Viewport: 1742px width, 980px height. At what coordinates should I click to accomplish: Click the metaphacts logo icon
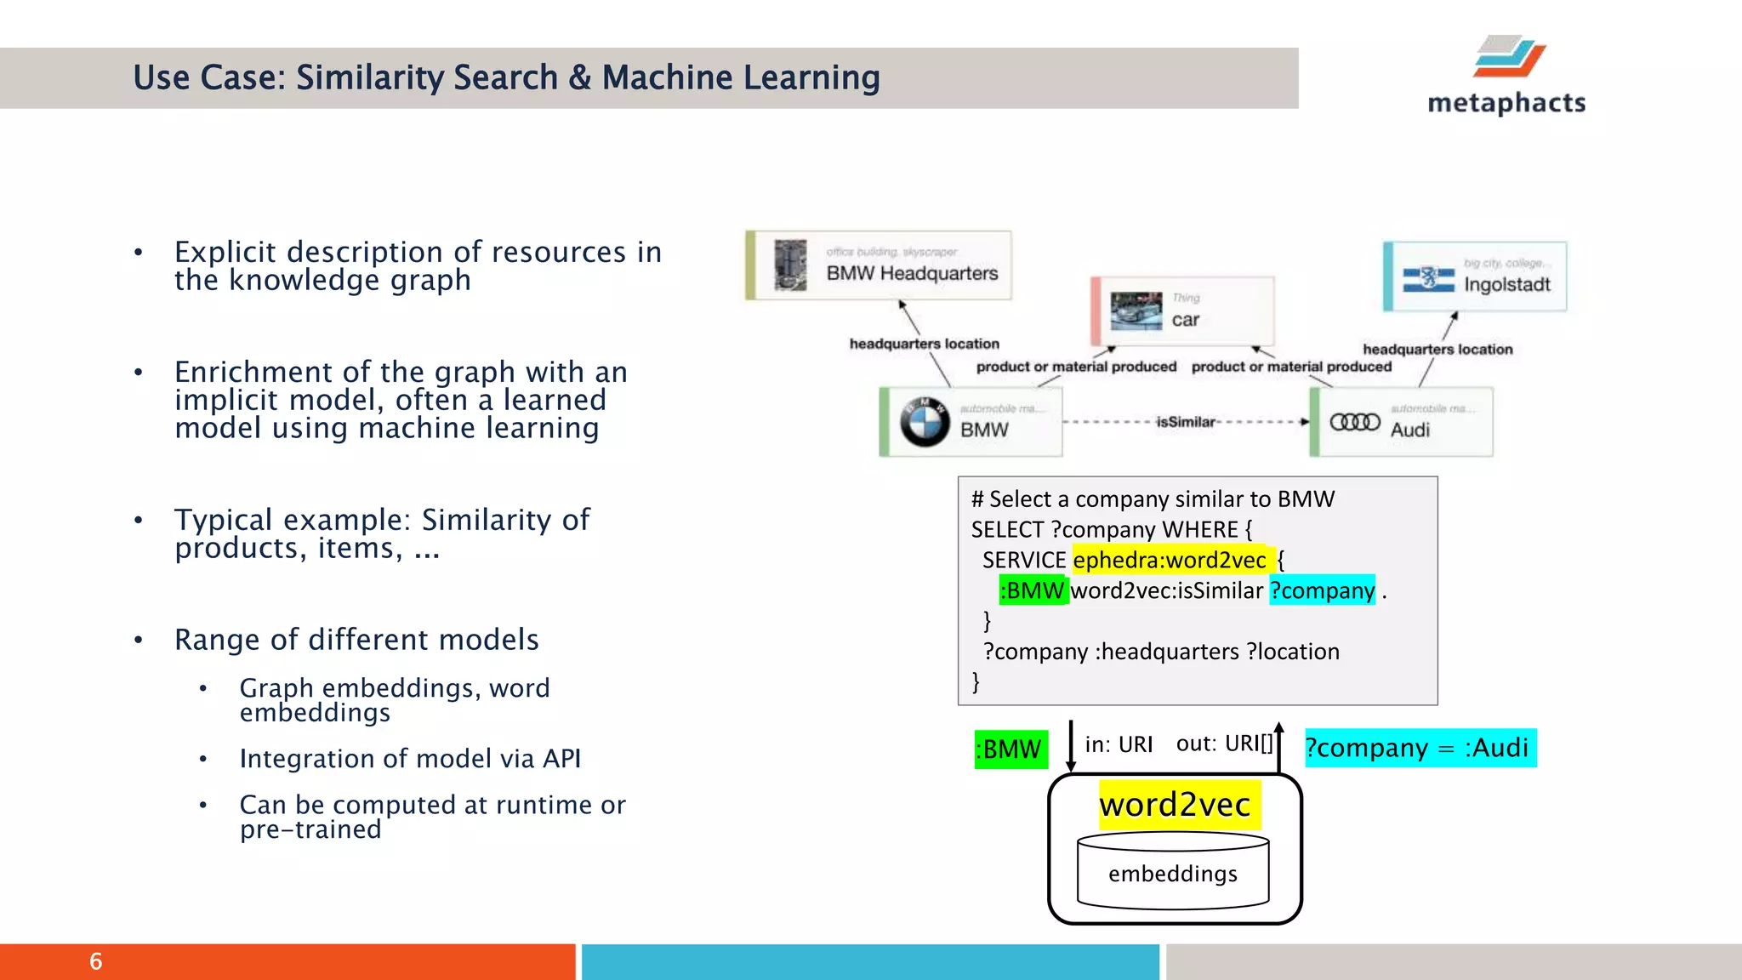click(x=1509, y=56)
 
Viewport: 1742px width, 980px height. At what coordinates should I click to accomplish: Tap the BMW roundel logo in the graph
click(x=925, y=422)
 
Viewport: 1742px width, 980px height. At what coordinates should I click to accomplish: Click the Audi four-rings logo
click(x=1355, y=422)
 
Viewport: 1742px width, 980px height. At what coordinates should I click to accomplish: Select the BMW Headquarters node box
click(x=880, y=265)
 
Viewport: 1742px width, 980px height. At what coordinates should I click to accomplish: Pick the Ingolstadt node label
click(x=1506, y=285)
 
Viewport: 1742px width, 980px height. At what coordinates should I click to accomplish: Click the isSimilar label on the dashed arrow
click(x=1186, y=422)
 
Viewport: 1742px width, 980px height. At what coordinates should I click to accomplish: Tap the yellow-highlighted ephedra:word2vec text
click(x=1170, y=560)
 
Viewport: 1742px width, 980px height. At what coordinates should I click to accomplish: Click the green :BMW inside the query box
click(x=1033, y=590)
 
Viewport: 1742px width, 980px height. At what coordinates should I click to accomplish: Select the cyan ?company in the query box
click(x=1322, y=590)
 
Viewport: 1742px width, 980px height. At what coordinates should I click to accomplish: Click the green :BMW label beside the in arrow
click(x=1010, y=749)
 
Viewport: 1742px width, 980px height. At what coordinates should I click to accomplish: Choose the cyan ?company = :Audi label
click(x=1420, y=748)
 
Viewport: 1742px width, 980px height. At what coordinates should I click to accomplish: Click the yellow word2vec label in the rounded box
click(x=1175, y=805)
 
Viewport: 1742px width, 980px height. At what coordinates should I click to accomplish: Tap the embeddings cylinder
click(x=1173, y=873)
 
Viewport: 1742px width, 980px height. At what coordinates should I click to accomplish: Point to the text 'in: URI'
click(x=1119, y=744)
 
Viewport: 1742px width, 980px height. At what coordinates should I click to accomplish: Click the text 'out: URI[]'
click(x=1224, y=744)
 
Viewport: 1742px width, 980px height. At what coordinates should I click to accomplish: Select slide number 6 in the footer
click(x=96, y=961)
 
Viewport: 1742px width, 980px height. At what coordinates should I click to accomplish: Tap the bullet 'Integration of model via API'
click(x=410, y=758)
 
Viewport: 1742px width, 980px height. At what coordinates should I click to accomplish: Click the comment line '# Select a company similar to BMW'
click(x=1153, y=499)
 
